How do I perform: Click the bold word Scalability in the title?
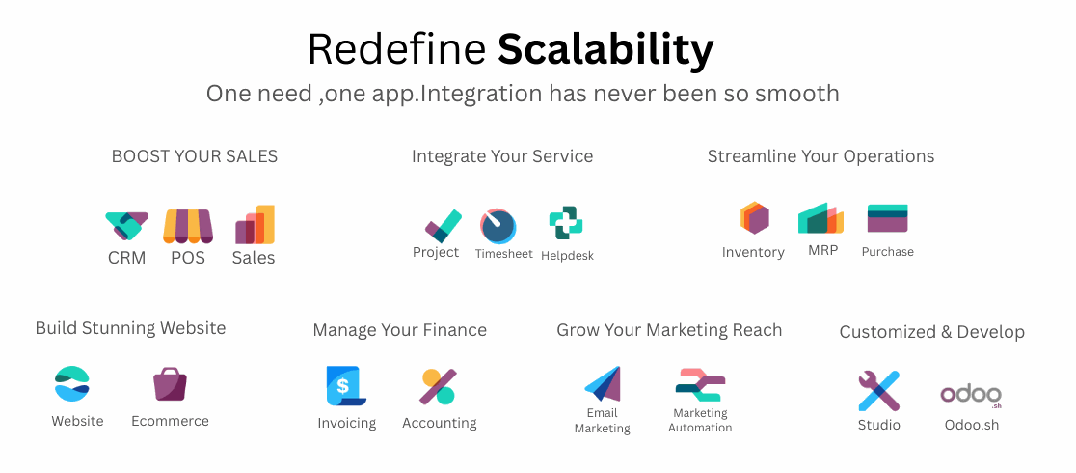pyautogui.click(x=605, y=49)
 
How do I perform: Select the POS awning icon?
pyautogui.click(x=188, y=226)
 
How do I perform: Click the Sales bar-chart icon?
pyautogui.click(x=255, y=224)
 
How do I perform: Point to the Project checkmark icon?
pyautogui.click(x=443, y=226)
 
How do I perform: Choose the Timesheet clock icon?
pyautogui.click(x=498, y=226)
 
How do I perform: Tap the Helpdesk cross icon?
pyautogui.click(x=566, y=223)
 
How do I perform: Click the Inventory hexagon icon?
pyautogui.click(x=754, y=218)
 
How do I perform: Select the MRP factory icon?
pyautogui.click(x=820, y=218)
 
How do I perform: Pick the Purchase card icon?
pyautogui.click(x=887, y=218)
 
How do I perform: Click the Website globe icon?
pyautogui.click(x=72, y=383)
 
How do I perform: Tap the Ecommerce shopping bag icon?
pyautogui.click(x=170, y=383)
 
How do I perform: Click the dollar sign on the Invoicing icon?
pyautogui.click(x=343, y=386)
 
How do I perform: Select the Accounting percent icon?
pyautogui.click(x=438, y=386)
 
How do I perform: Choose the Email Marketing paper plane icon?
pyautogui.click(x=604, y=383)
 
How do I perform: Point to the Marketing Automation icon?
pyautogui.click(x=700, y=385)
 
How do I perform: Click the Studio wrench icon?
pyautogui.click(x=878, y=391)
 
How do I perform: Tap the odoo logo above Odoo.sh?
pyautogui.click(x=970, y=396)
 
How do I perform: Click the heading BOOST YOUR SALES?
pyautogui.click(x=195, y=156)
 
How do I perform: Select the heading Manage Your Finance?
pyautogui.click(x=399, y=330)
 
